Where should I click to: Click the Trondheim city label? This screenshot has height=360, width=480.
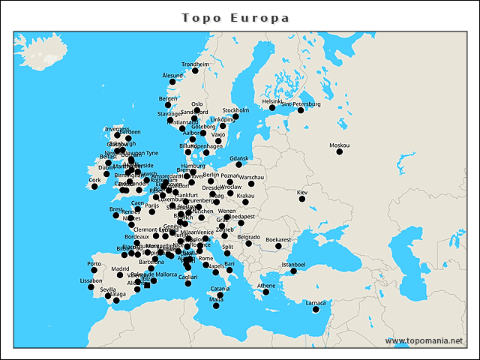(x=196, y=64)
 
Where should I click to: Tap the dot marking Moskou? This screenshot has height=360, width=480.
(x=339, y=151)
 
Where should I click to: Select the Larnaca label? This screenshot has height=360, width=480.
(x=316, y=303)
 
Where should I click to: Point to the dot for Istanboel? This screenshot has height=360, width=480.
(x=293, y=271)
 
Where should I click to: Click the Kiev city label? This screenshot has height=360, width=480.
(x=302, y=193)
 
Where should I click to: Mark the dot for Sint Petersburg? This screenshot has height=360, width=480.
(x=301, y=110)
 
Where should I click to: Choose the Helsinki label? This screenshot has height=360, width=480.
(x=272, y=101)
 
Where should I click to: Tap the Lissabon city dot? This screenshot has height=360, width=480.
(x=91, y=286)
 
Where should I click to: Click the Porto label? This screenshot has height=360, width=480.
(x=94, y=264)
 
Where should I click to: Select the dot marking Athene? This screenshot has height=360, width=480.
(x=266, y=292)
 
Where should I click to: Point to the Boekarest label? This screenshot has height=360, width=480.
(x=278, y=239)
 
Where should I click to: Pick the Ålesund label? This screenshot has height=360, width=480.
(x=172, y=76)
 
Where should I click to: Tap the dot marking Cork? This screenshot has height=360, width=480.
(x=94, y=186)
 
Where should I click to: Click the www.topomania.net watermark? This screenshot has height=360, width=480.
(x=424, y=341)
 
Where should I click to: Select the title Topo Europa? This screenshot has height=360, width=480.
(x=235, y=17)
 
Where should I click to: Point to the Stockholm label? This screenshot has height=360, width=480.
(x=235, y=110)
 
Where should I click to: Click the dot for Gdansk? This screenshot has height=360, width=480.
(x=239, y=164)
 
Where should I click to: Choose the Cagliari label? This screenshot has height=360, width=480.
(x=188, y=277)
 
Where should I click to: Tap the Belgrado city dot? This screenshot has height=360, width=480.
(x=248, y=243)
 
